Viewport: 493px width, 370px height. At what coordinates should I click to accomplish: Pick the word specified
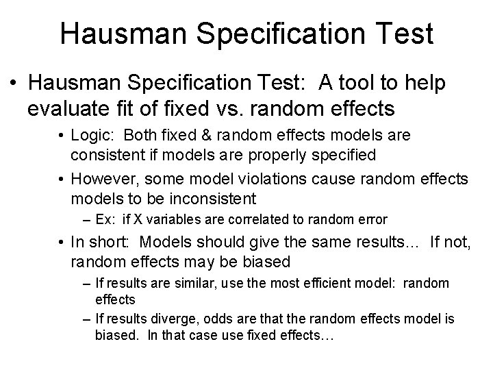pyautogui.click(x=340, y=155)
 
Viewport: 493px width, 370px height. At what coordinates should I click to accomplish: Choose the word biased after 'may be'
pyautogui.click(x=262, y=262)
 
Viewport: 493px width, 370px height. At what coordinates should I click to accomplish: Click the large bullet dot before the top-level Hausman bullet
pyautogui.click(x=14, y=84)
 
